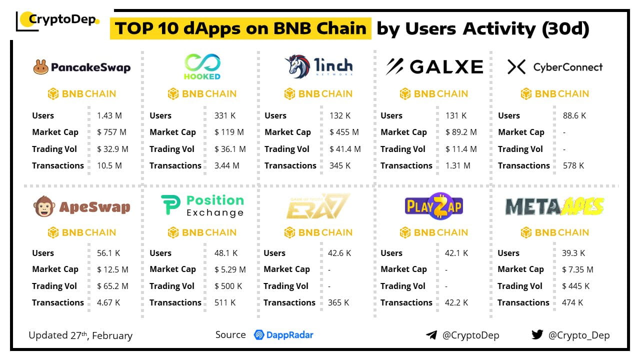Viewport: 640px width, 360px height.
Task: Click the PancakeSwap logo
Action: tap(82, 67)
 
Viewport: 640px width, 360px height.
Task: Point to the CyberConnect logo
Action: tap(554, 67)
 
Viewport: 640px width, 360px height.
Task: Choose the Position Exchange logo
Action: tap(202, 206)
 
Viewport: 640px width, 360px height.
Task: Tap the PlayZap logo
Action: tap(433, 205)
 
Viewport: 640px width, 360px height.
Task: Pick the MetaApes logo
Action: tap(554, 206)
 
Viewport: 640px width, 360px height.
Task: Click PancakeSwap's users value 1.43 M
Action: tap(109, 115)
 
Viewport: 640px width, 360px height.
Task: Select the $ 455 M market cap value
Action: tap(344, 132)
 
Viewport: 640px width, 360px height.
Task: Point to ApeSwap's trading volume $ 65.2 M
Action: tap(113, 286)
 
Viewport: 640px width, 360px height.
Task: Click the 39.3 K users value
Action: tap(573, 253)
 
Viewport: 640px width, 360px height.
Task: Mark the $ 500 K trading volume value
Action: tap(228, 286)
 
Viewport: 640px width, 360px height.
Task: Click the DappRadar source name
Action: tap(283, 335)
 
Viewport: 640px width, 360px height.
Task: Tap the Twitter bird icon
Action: tap(537, 334)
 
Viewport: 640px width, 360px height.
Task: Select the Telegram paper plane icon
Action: tap(431, 335)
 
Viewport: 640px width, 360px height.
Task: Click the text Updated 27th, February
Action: tap(80, 335)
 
